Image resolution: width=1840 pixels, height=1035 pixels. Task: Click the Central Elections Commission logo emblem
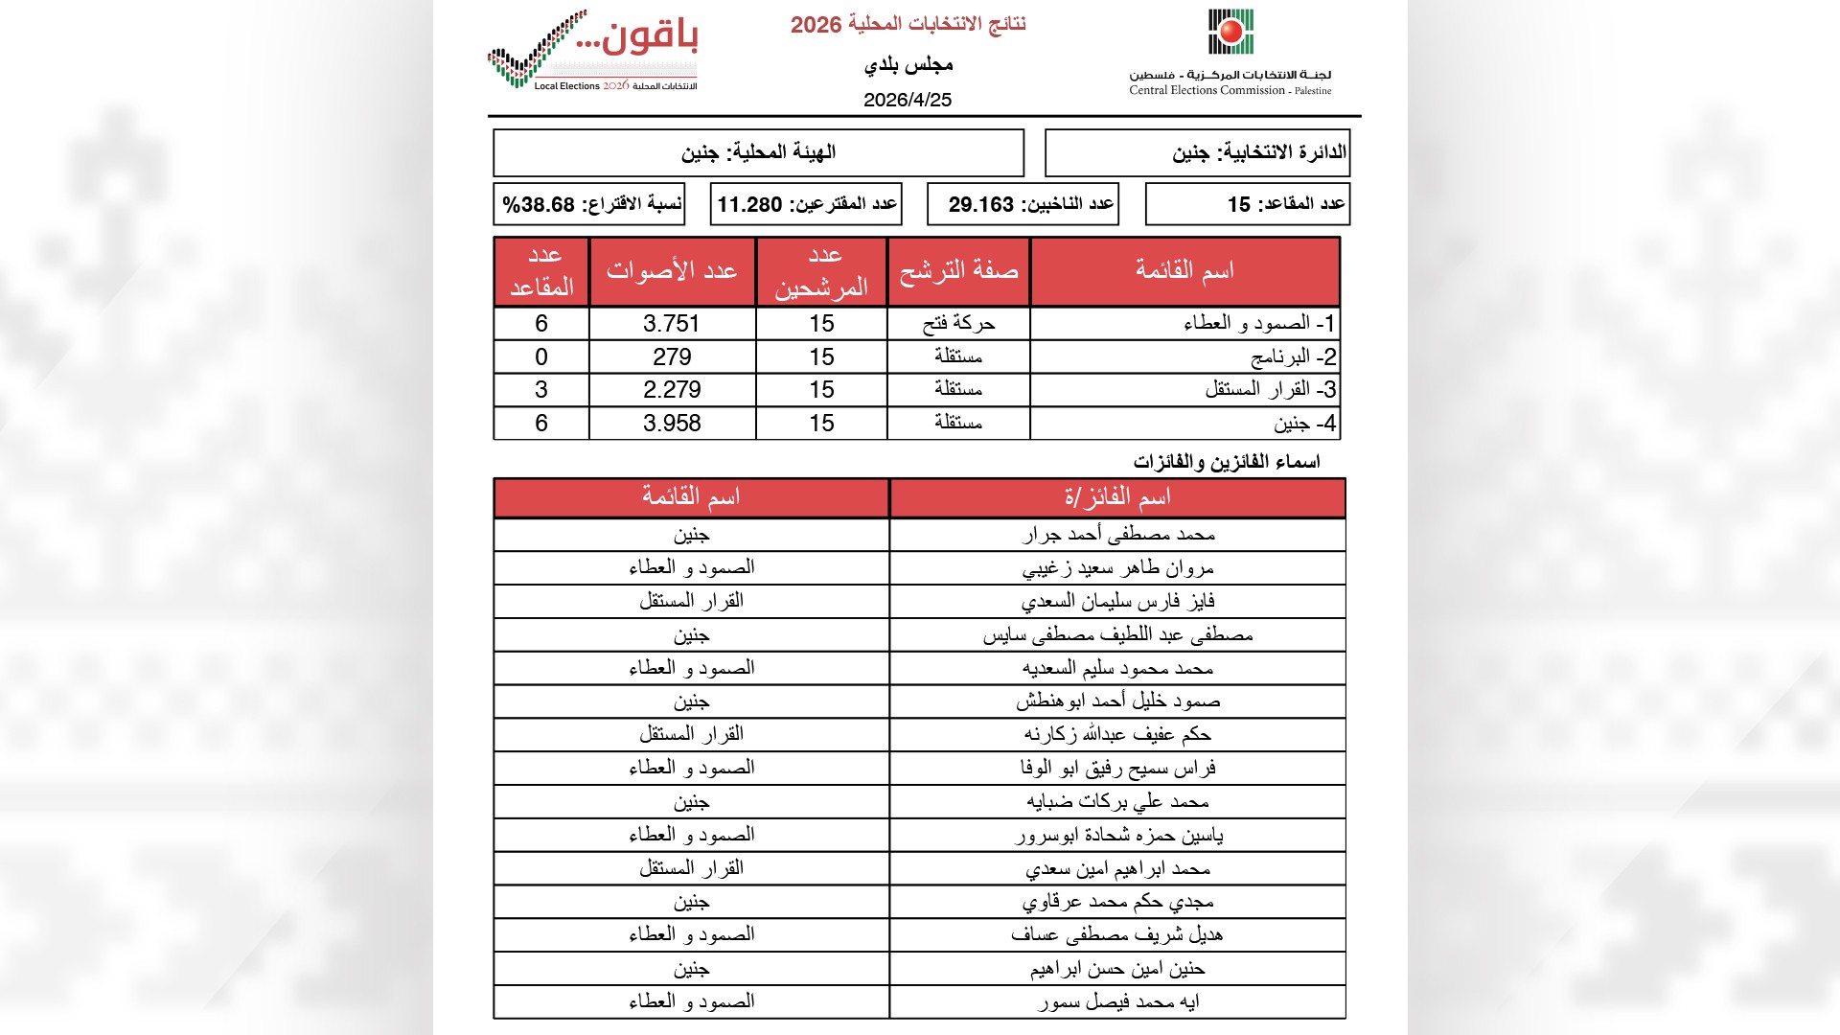point(1230,33)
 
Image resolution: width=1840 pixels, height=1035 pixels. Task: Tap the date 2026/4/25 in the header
point(907,100)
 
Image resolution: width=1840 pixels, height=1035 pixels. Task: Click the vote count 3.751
point(672,324)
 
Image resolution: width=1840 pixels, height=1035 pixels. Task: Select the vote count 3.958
point(672,424)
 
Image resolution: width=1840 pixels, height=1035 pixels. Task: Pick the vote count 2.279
point(672,390)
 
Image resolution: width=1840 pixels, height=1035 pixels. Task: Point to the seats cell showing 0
point(541,357)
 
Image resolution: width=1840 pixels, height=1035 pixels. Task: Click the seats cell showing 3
point(541,390)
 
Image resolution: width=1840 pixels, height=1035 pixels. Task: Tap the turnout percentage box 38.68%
point(589,204)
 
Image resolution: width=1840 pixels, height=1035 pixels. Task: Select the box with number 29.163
point(1023,204)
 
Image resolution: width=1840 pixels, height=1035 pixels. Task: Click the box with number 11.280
point(806,204)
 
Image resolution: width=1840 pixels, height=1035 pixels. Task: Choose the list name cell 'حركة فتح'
point(958,324)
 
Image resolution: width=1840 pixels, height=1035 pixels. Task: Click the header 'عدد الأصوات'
point(672,271)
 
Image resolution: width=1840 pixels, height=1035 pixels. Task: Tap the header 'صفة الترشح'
point(958,271)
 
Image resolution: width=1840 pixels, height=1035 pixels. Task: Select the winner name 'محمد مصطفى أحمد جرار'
point(1118,535)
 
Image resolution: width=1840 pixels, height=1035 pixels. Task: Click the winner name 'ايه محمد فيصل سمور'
point(1118,1002)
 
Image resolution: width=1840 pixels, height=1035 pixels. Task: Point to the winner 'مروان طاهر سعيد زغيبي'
point(1118,568)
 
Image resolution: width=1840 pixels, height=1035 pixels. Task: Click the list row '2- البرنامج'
point(1293,357)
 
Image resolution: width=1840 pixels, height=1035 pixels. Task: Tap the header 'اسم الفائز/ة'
point(1117,497)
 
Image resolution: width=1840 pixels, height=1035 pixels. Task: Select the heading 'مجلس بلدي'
point(908,65)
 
